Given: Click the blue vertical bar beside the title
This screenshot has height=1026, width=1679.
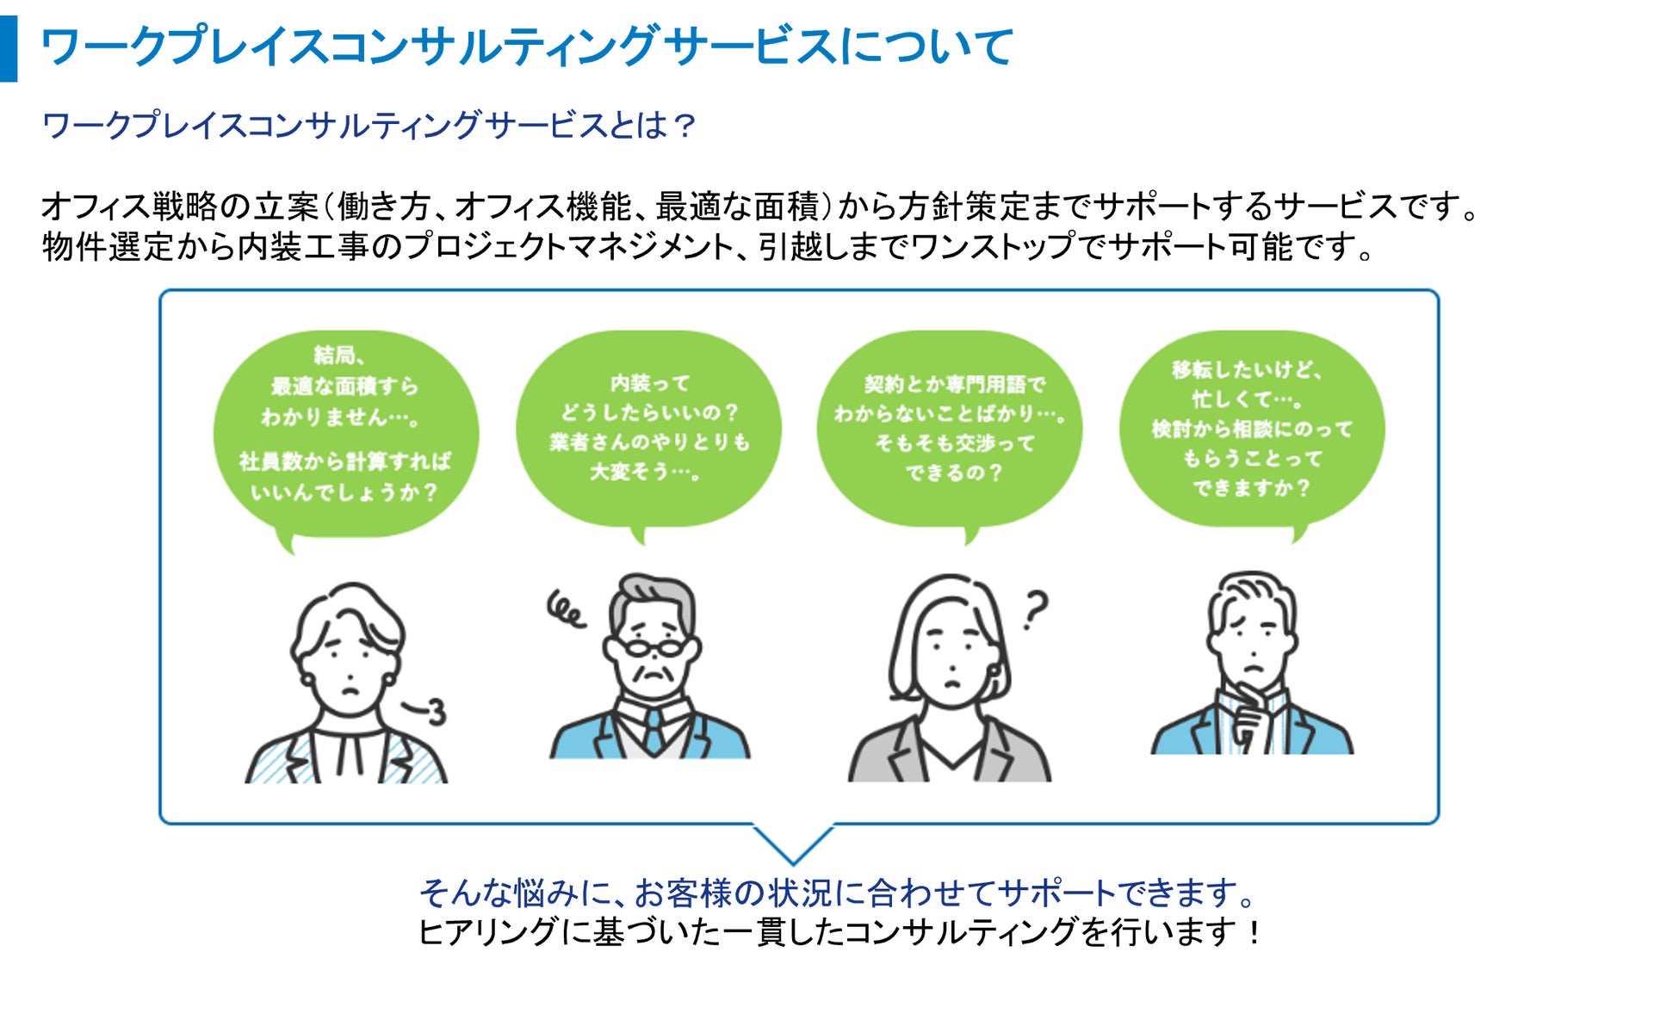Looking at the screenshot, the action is pyautogui.click(x=9, y=48).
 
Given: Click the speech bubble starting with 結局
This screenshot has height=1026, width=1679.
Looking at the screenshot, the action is pyautogui.click(x=345, y=430).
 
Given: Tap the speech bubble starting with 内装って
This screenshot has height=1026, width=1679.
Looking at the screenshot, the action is pyautogui.click(x=648, y=428).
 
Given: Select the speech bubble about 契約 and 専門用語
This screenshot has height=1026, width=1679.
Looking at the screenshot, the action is pyautogui.click(x=950, y=428).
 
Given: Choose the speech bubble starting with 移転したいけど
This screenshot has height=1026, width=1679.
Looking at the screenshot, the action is pyautogui.click(x=1252, y=428).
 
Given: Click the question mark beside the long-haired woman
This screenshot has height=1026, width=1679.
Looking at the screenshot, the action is pyautogui.click(x=1036, y=609).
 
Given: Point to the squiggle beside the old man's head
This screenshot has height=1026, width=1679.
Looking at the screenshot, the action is pyautogui.click(x=566, y=609).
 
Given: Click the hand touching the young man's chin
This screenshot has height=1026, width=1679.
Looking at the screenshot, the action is pyautogui.click(x=1248, y=719).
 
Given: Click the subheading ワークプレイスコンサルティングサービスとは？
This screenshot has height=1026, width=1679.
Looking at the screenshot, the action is pyautogui.click(x=368, y=126).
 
